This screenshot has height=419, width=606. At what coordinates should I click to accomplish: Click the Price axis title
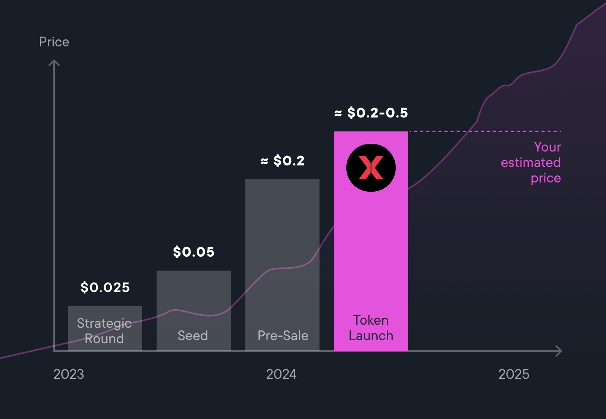pyautogui.click(x=54, y=42)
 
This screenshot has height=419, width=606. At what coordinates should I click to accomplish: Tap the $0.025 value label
pyautogui.click(x=105, y=288)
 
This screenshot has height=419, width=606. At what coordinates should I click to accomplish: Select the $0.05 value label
pyautogui.click(x=194, y=252)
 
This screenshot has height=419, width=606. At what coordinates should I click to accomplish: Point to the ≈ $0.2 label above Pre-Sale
pyautogui.click(x=283, y=161)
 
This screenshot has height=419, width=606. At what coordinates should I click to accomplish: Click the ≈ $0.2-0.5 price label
pyautogui.click(x=371, y=113)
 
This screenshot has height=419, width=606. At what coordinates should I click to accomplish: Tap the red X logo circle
pyautogui.click(x=371, y=168)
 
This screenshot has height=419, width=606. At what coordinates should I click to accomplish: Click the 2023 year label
pyautogui.click(x=69, y=374)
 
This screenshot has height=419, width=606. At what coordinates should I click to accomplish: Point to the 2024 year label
pyautogui.click(x=281, y=374)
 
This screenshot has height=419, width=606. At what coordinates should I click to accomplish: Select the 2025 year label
pyautogui.click(x=514, y=374)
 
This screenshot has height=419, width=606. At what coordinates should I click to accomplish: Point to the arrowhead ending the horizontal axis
pyautogui.click(x=559, y=351)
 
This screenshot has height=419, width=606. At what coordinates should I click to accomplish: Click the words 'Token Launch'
pyautogui.click(x=371, y=328)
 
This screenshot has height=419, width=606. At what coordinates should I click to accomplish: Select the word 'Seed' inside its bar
pyautogui.click(x=193, y=336)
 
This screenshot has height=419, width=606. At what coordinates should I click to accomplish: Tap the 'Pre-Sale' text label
pyautogui.click(x=283, y=336)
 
